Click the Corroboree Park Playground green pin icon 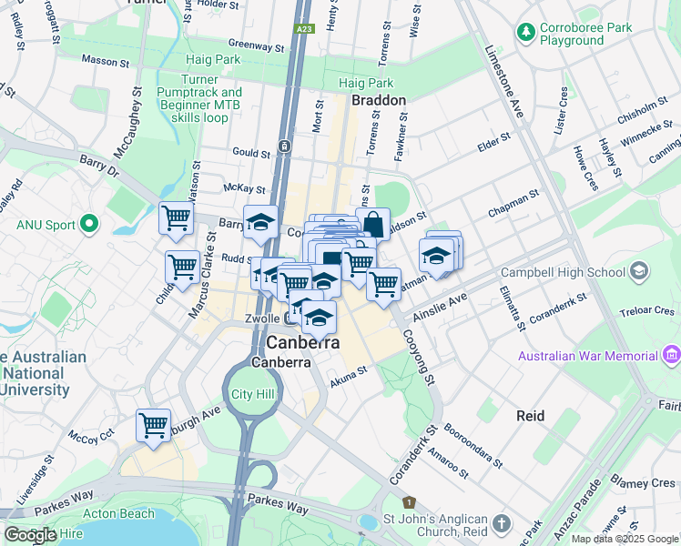[x=525, y=33]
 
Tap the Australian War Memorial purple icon [x=673, y=353]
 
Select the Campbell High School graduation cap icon [x=640, y=270]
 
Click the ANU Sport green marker [x=88, y=223]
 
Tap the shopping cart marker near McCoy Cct [x=153, y=425]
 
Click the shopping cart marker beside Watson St [x=175, y=217]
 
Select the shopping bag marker [x=373, y=224]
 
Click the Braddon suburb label [x=378, y=100]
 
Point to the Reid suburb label [x=530, y=416]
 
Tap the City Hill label [x=252, y=394]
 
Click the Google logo [x=30, y=535]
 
